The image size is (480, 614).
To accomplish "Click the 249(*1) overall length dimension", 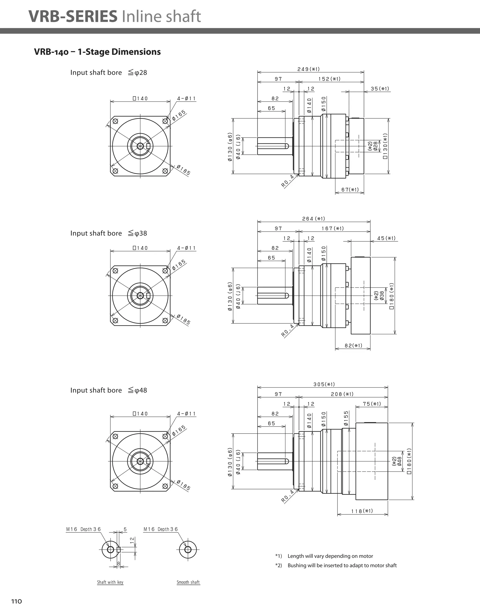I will [x=308, y=69].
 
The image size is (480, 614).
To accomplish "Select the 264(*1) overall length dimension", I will [x=314, y=219].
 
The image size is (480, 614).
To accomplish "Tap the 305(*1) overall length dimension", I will [x=324, y=384].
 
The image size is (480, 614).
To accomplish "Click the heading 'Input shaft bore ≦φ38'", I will [x=109, y=233].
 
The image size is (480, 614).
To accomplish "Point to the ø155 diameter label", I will [x=346, y=418].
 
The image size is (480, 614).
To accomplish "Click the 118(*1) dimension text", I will [x=362, y=511].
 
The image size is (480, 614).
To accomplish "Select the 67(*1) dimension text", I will [x=350, y=190].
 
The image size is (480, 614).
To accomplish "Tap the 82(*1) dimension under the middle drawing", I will [x=353, y=345].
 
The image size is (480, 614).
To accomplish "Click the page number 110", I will [x=16, y=601].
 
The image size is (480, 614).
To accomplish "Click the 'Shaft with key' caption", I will [x=110, y=582].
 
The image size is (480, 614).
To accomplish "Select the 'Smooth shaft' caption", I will [x=188, y=582].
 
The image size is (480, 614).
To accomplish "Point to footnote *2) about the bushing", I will [x=336, y=565].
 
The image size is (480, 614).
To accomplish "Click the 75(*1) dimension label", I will [x=372, y=404].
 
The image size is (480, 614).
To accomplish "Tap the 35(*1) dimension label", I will [x=380, y=89].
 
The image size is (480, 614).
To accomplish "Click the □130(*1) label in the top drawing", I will [x=385, y=146].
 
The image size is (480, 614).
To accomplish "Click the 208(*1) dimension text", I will [x=342, y=394].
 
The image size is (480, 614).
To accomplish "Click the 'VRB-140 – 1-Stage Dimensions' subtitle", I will [x=97, y=52].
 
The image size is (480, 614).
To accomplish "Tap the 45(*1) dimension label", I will [x=386, y=238].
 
